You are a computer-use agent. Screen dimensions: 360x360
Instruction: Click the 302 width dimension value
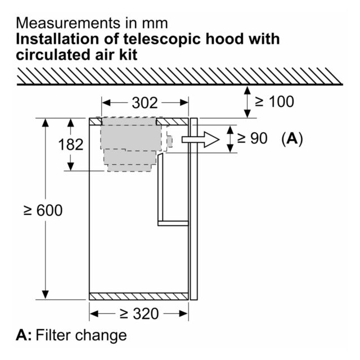tap(145, 102)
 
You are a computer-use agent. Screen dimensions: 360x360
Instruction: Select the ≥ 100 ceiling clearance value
tap(274, 101)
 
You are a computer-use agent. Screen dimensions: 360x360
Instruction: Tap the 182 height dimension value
tap(71, 145)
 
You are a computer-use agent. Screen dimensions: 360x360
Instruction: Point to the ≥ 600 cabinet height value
tap(43, 210)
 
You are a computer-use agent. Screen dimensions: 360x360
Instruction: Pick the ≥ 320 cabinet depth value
tap(139, 314)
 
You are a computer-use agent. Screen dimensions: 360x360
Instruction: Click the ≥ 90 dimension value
tap(252, 138)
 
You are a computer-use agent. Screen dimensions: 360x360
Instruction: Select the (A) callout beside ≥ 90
tap(292, 139)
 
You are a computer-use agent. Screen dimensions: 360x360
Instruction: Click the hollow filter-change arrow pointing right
tap(200, 139)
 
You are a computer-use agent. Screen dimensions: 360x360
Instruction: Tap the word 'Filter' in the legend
tap(53, 335)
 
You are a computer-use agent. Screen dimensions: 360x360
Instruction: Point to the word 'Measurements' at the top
tap(69, 23)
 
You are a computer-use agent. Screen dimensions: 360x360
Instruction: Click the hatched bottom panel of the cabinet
tap(139, 296)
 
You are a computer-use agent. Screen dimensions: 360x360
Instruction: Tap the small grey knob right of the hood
tap(169, 141)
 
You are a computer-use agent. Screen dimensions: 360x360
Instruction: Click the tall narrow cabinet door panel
tap(193, 209)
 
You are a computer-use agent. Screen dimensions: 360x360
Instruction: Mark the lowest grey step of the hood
tap(129, 168)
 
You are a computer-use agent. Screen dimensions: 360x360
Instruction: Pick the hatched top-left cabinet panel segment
tap(95, 121)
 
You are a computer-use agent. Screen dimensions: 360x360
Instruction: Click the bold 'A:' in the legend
tap(24, 335)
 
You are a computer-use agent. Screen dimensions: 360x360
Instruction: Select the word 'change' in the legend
tap(101, 335)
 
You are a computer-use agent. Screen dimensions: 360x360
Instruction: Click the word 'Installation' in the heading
tap(58, 39)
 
